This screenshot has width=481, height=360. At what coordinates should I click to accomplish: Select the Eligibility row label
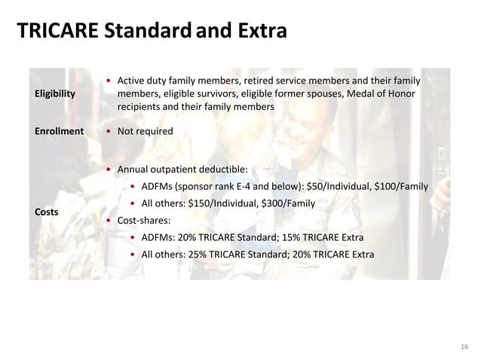tap(55, 94)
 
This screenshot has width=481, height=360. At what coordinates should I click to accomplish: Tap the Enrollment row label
tap(59, 131)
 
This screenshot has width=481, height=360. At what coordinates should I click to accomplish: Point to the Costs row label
tap(47, 212)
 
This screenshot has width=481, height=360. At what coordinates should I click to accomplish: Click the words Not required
tap(145, 131)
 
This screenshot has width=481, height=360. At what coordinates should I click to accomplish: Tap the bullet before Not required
tap(110, 131)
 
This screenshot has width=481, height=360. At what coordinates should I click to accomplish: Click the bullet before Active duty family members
tap(110, 81)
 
